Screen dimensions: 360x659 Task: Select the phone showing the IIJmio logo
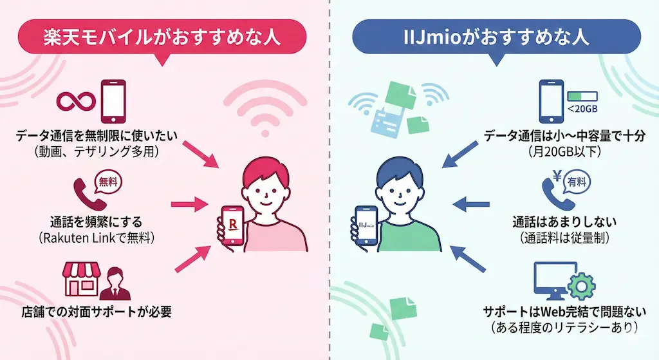[x=365, y=225]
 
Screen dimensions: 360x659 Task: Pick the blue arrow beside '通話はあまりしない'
[x=473, y=205]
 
